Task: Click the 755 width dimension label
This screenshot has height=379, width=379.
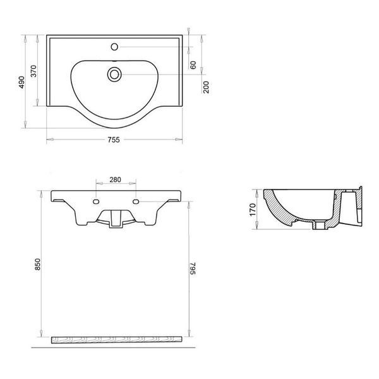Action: pyautogui.click(x=114, y=140)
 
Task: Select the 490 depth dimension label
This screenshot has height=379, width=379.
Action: pyautogui.click(x=21, y=82)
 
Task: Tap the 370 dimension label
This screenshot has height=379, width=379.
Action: pyautogui.click(x=33, y=71)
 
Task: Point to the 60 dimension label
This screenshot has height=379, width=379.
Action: pyautogui.click(x=193, y=65)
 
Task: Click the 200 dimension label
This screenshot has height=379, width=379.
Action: pyautogui.click(x=206, y=87)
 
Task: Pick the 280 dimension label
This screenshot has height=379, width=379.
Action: pyautogui.click(x=116, y=179)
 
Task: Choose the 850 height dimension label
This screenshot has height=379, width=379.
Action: pyautogui.click(x=38, y=264)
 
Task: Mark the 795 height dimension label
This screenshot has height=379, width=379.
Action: pyautogui.click(x=193, y=268)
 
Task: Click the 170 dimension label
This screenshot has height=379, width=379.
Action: pyautogui.click(x=253, y=210)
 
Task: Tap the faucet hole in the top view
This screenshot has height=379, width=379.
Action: pyautogui.click(x=114, y=47)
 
